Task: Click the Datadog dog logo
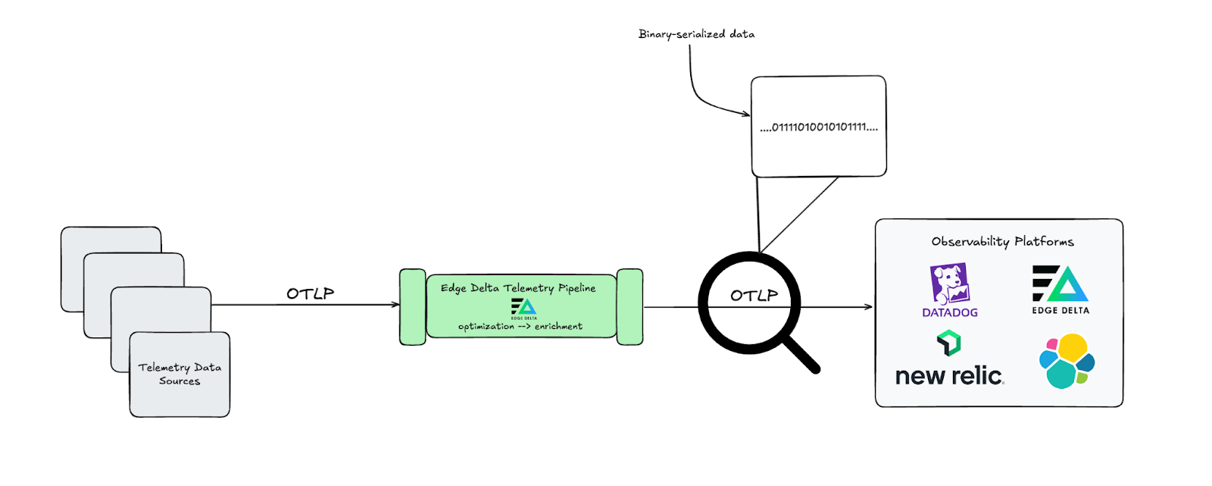point(949,284)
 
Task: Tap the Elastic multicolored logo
point(1067,361)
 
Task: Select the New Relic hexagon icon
point(948,343)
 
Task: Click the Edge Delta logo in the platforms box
point(1060,284)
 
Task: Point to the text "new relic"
point(949,376)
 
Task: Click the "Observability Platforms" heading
point(1002,242)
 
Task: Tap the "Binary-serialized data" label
point(696,34)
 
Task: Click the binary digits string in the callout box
point(819,127)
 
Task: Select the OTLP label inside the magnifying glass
point(754,296)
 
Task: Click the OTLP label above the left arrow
point(310,293)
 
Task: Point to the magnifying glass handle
point(801,354)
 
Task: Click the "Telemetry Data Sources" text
point(180,374)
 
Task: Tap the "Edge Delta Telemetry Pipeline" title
point(518,288)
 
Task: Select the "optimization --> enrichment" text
point(520,327)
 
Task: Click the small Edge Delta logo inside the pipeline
point(523,307)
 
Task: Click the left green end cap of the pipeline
point(413,306)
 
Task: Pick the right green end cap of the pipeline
point(629,306)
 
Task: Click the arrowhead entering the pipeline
point(395,305)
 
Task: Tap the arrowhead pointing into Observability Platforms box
point(868,307)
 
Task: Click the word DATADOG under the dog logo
point(949,312)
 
